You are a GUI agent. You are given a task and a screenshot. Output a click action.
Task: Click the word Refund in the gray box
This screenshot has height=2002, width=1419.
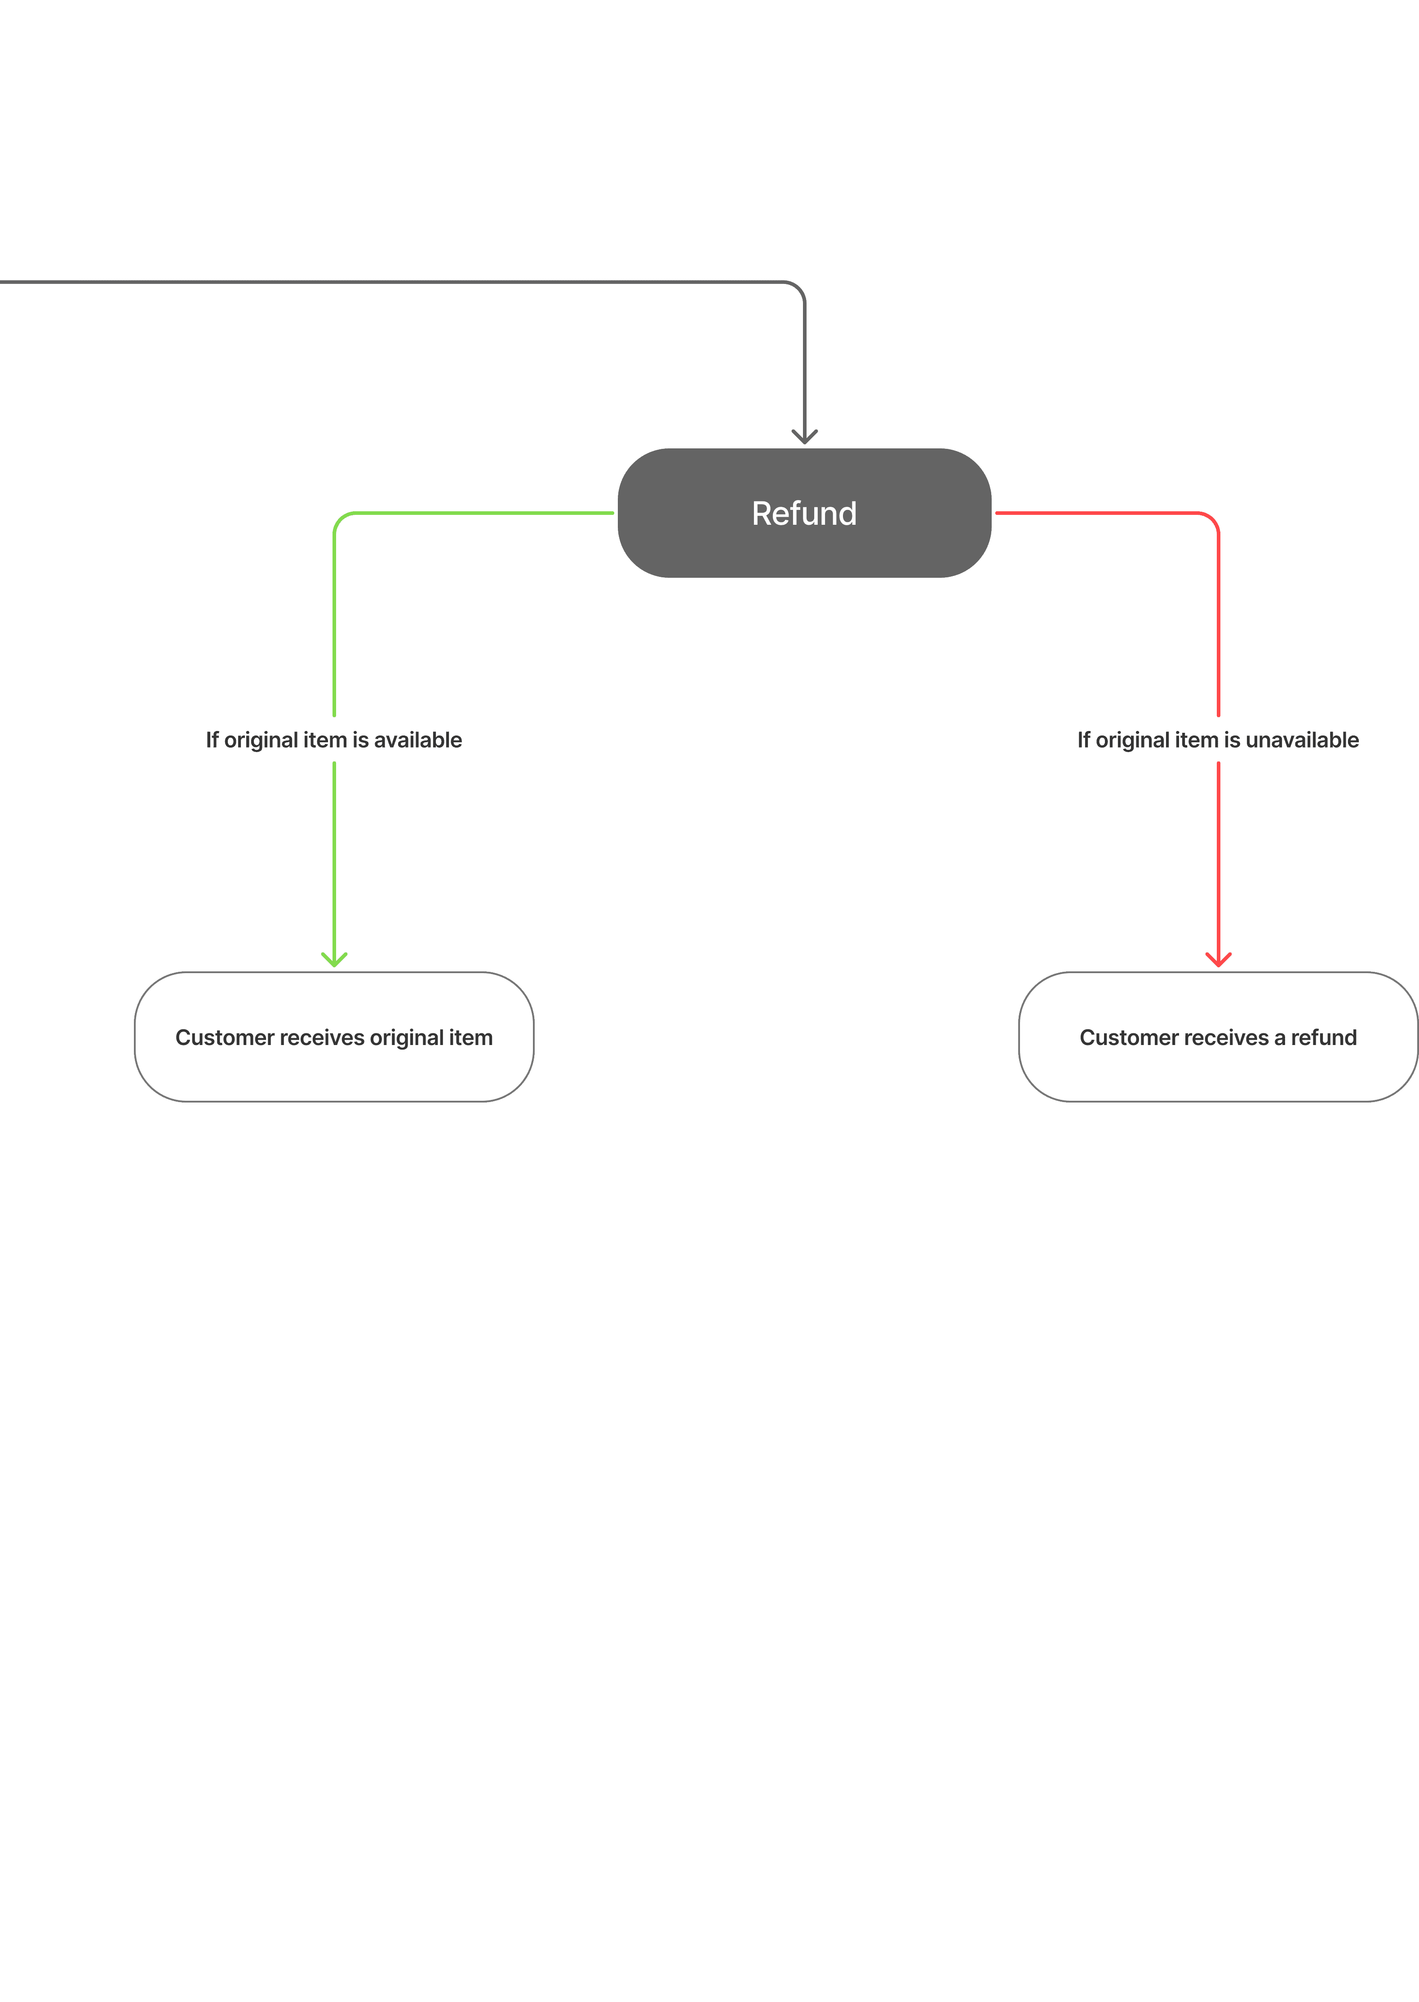[x=804, y=514]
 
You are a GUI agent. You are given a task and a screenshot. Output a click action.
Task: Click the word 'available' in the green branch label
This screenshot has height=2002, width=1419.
[x=418, y=740]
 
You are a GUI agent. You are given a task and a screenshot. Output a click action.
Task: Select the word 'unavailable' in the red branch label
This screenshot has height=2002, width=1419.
[x=1302, y=740]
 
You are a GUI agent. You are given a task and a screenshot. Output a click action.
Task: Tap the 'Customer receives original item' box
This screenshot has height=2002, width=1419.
[x=334, y=1074]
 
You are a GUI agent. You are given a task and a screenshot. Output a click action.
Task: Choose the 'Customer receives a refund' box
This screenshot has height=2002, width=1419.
[x=1218, y=1074]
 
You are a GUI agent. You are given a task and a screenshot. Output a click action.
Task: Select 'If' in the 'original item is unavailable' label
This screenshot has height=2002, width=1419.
[x=1083, y=740]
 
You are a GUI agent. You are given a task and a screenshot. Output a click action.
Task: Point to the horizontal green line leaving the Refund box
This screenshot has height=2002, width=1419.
[x=481, y=513]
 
